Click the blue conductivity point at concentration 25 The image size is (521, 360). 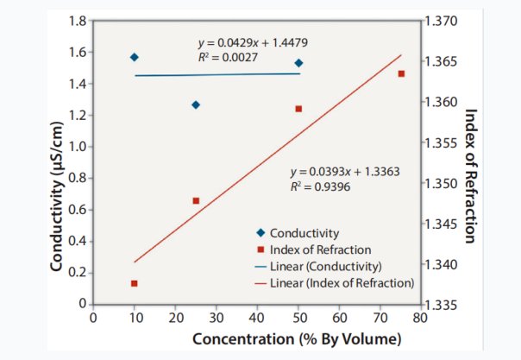(196, 104)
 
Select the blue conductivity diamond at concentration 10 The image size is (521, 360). (135, 57)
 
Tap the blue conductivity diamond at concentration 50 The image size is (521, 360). (298, 63)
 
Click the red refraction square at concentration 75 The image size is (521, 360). (401, 74)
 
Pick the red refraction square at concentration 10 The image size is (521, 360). (135, 283)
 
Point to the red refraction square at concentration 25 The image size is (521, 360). (196, 200)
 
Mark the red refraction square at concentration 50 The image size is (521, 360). (298, 109)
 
